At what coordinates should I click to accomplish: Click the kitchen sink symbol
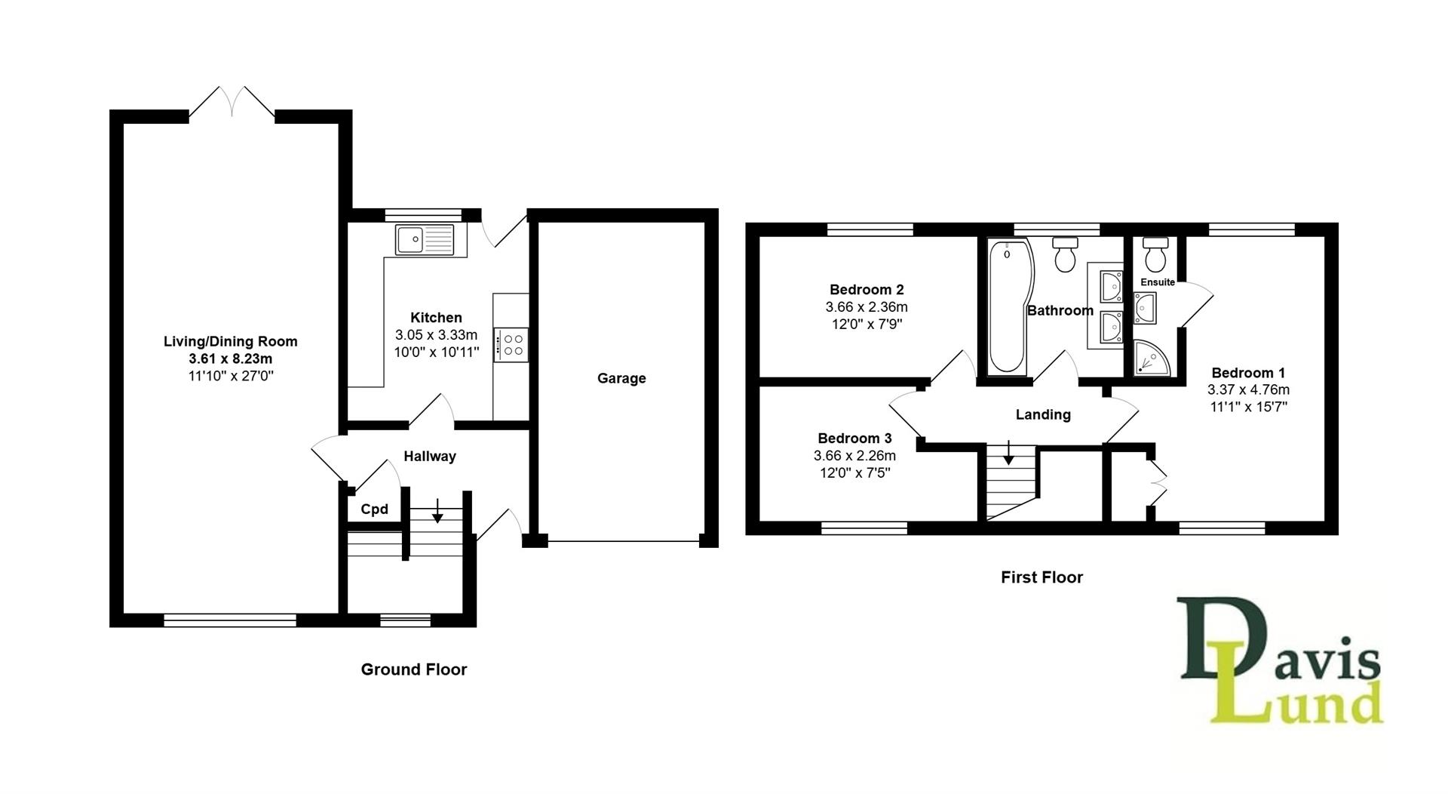click(424, 239)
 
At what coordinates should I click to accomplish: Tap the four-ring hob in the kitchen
click(511, 345)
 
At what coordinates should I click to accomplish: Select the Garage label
click(621, 378)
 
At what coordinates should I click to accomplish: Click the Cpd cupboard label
click(374, 509)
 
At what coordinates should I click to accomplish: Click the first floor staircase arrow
click(1008, 455)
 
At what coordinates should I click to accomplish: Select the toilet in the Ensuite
click(1155, 255)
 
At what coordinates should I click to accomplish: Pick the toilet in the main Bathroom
click(1066, 254)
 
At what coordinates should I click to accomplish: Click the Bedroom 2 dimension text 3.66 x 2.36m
click(867, 307)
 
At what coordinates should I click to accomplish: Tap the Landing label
click(1043, 414)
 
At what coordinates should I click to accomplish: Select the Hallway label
click(429, 456)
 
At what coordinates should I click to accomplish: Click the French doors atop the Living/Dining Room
click(232, 103)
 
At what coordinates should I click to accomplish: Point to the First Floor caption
click(1042, 577)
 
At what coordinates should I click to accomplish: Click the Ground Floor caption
click(413, 669)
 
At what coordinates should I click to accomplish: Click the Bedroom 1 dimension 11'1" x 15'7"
click(1247, 407)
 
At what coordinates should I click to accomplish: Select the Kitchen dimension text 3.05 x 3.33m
click(436, 335)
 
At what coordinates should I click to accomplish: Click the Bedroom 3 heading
click(854, 439)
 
